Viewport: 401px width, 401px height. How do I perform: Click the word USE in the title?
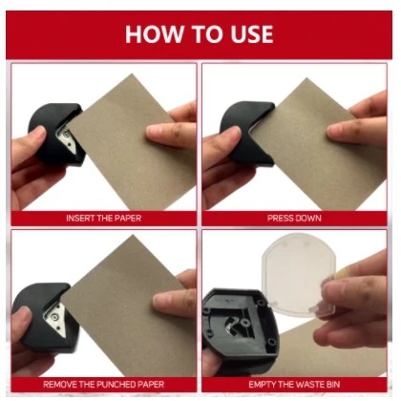[252, 34]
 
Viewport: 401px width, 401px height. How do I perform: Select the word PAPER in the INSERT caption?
[128, 219]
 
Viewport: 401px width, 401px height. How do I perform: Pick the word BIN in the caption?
[333, 385]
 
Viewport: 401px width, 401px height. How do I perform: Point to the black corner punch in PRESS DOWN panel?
[246, 132]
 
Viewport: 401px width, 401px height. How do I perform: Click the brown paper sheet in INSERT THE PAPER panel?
[131, 143]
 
